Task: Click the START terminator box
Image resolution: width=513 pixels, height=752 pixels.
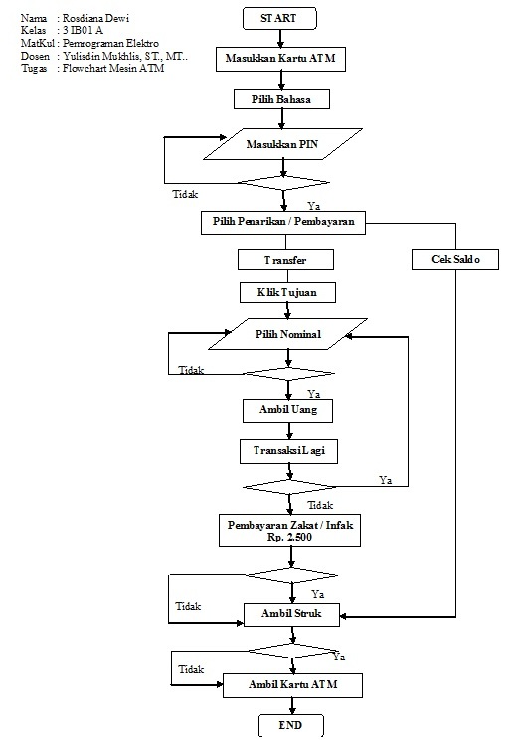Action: click(x=284, y=18)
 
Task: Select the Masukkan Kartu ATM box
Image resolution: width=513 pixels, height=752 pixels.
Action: click(x=284, y=59)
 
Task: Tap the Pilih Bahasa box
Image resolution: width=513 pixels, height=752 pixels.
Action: click(x=282, y=99)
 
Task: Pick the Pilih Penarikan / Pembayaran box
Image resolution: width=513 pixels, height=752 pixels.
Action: click(x=282, y=222)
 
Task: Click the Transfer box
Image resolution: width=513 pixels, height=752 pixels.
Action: click(x=284, y=259)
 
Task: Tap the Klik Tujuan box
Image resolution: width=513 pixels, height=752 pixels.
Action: click(x=286, y=293)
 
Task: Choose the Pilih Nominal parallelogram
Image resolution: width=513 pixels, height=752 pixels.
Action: click(x=287, y=335)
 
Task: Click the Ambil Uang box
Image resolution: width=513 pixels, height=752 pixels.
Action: click(x=289, y=410)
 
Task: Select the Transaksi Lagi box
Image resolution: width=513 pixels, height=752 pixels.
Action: click(x=289, y=450)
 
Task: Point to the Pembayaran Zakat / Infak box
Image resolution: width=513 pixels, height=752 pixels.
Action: click(x=289, y=530)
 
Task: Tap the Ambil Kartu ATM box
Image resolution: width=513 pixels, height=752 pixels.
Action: click(x=291, y=685)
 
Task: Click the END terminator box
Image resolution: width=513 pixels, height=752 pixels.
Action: click(x=290, y=726)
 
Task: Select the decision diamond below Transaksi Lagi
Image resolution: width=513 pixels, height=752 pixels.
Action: click(x=289, y=486)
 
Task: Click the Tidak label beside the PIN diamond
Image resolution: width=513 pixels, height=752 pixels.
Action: click(x=185, y=195)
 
